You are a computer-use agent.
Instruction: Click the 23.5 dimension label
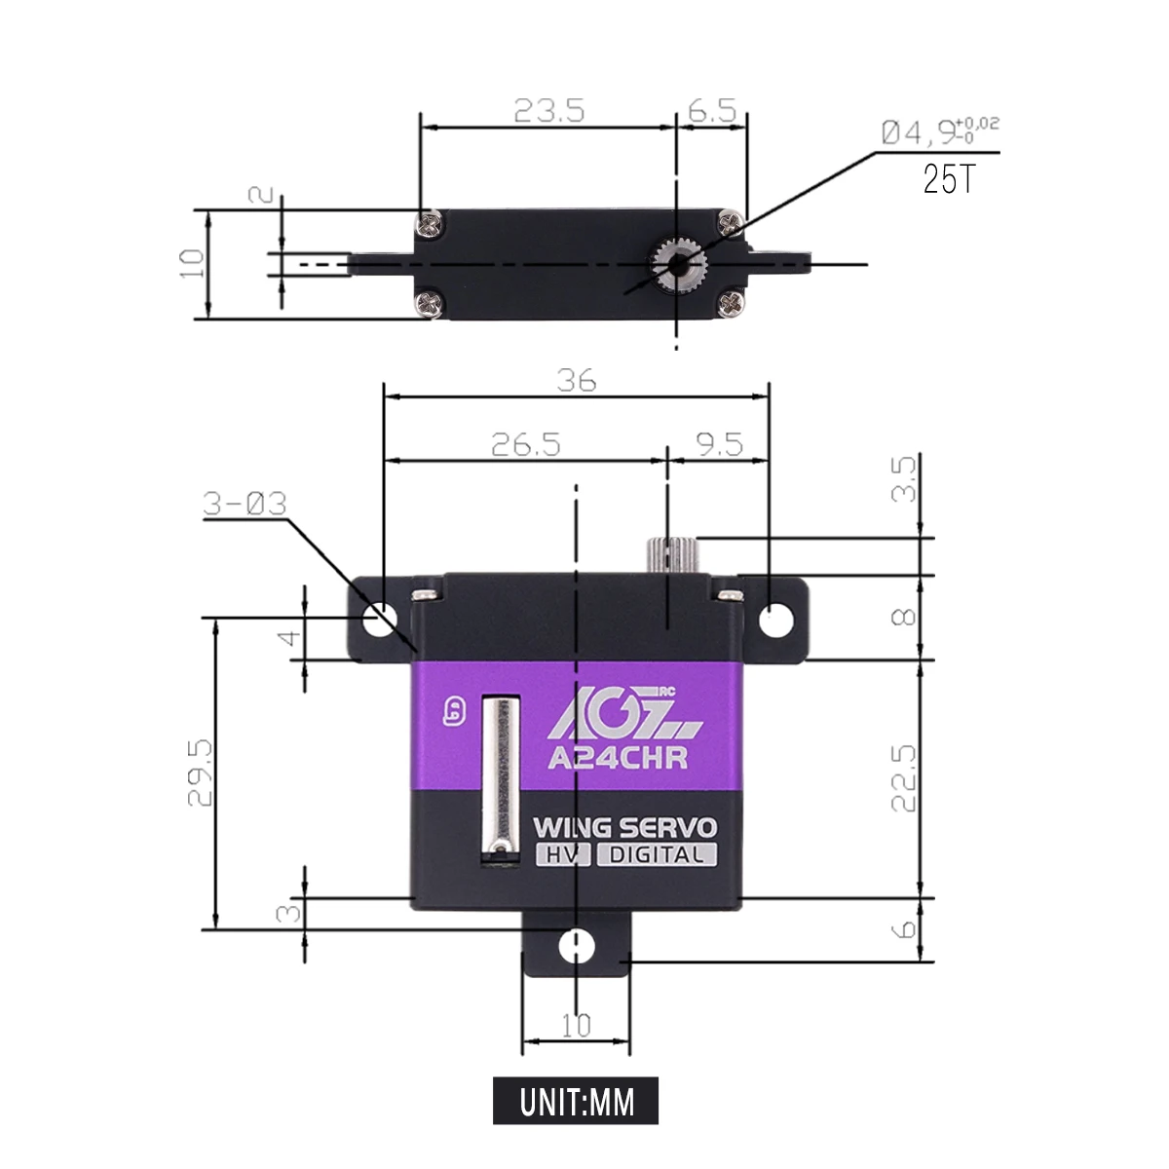coord(549,110)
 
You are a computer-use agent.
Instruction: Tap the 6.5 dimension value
coord(712,110)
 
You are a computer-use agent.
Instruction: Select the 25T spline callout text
coord(950,179)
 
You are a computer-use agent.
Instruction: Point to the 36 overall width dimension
coord(577,380)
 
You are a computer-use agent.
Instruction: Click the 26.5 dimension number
coord(526,444)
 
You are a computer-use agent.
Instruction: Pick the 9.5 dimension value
coord(720,444)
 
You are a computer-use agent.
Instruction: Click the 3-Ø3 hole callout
coord(245,504)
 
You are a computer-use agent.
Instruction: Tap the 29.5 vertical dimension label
coord(201,773)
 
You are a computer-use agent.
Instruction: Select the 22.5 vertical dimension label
coord(903,778)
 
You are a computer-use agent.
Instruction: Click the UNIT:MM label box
coord(575,1101)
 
